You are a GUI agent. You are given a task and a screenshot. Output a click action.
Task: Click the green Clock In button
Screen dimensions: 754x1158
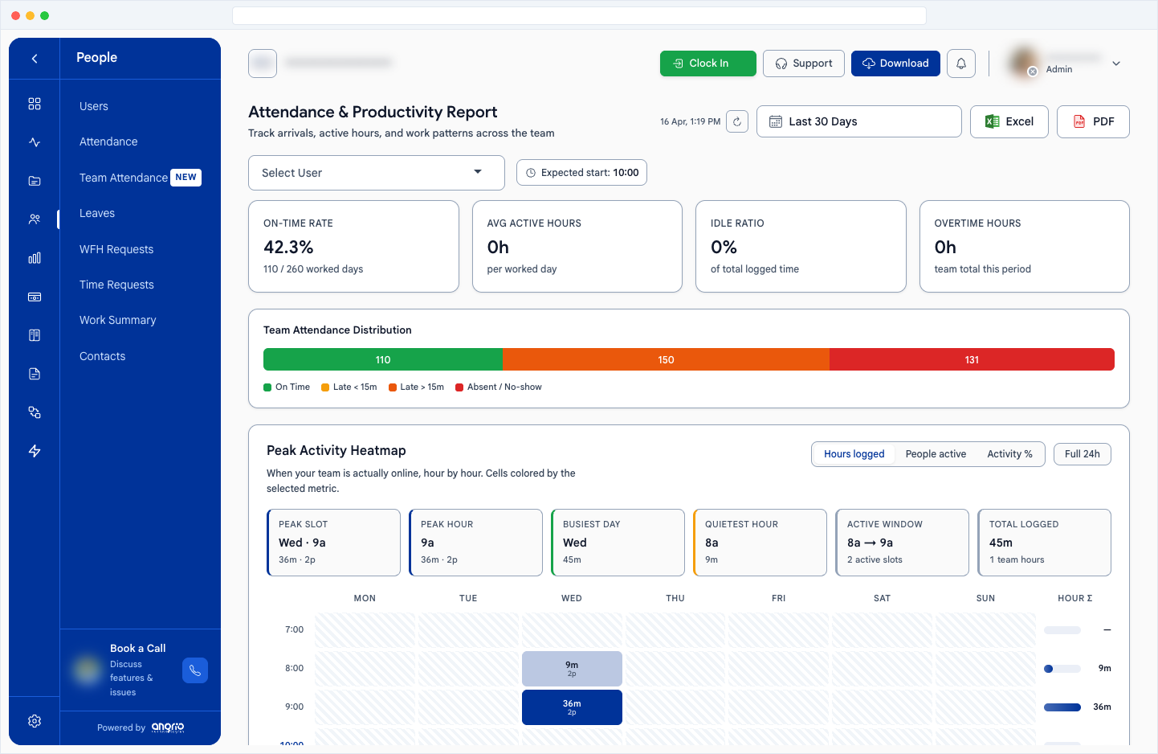point(707,64)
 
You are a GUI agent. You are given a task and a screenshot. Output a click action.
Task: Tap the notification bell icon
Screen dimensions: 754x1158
point(960,64)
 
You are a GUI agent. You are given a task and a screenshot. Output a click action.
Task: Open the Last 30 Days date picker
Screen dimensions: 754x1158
point(858,121)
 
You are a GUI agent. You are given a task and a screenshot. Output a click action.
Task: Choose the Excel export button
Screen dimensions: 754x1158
point(1009,121)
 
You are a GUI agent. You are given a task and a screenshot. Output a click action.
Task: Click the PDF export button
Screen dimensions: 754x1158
point(1092,121)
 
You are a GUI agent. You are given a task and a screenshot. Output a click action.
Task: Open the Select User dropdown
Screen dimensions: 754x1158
point(376,173)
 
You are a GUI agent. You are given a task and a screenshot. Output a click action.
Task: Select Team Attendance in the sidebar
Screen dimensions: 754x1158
point(124,178)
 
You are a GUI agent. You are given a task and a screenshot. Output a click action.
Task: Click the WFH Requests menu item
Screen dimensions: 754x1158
point(116,249)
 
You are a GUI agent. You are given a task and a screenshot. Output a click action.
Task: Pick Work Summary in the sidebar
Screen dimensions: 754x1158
point(118,320)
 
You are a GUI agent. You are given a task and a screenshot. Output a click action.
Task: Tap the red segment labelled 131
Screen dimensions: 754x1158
point(972,360)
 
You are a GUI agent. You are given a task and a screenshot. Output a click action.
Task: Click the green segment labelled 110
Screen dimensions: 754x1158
point(383,360)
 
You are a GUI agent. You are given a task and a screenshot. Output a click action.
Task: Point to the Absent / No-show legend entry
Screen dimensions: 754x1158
point(499,387)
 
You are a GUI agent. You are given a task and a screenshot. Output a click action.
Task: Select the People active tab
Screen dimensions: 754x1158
point(936,454)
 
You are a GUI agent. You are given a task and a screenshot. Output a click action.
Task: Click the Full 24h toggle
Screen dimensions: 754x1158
point(1082,454)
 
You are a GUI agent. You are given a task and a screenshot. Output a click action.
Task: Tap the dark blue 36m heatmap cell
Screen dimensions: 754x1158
point(572,707)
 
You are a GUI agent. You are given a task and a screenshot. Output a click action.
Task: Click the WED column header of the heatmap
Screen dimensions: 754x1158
point(572,598)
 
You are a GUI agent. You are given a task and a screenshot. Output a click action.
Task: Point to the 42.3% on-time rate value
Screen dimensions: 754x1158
point(288,248)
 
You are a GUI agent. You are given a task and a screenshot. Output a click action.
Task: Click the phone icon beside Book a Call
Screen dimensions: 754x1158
point(195,670)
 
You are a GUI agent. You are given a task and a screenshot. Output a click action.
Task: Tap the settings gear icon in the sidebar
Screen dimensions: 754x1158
point(35,721)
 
